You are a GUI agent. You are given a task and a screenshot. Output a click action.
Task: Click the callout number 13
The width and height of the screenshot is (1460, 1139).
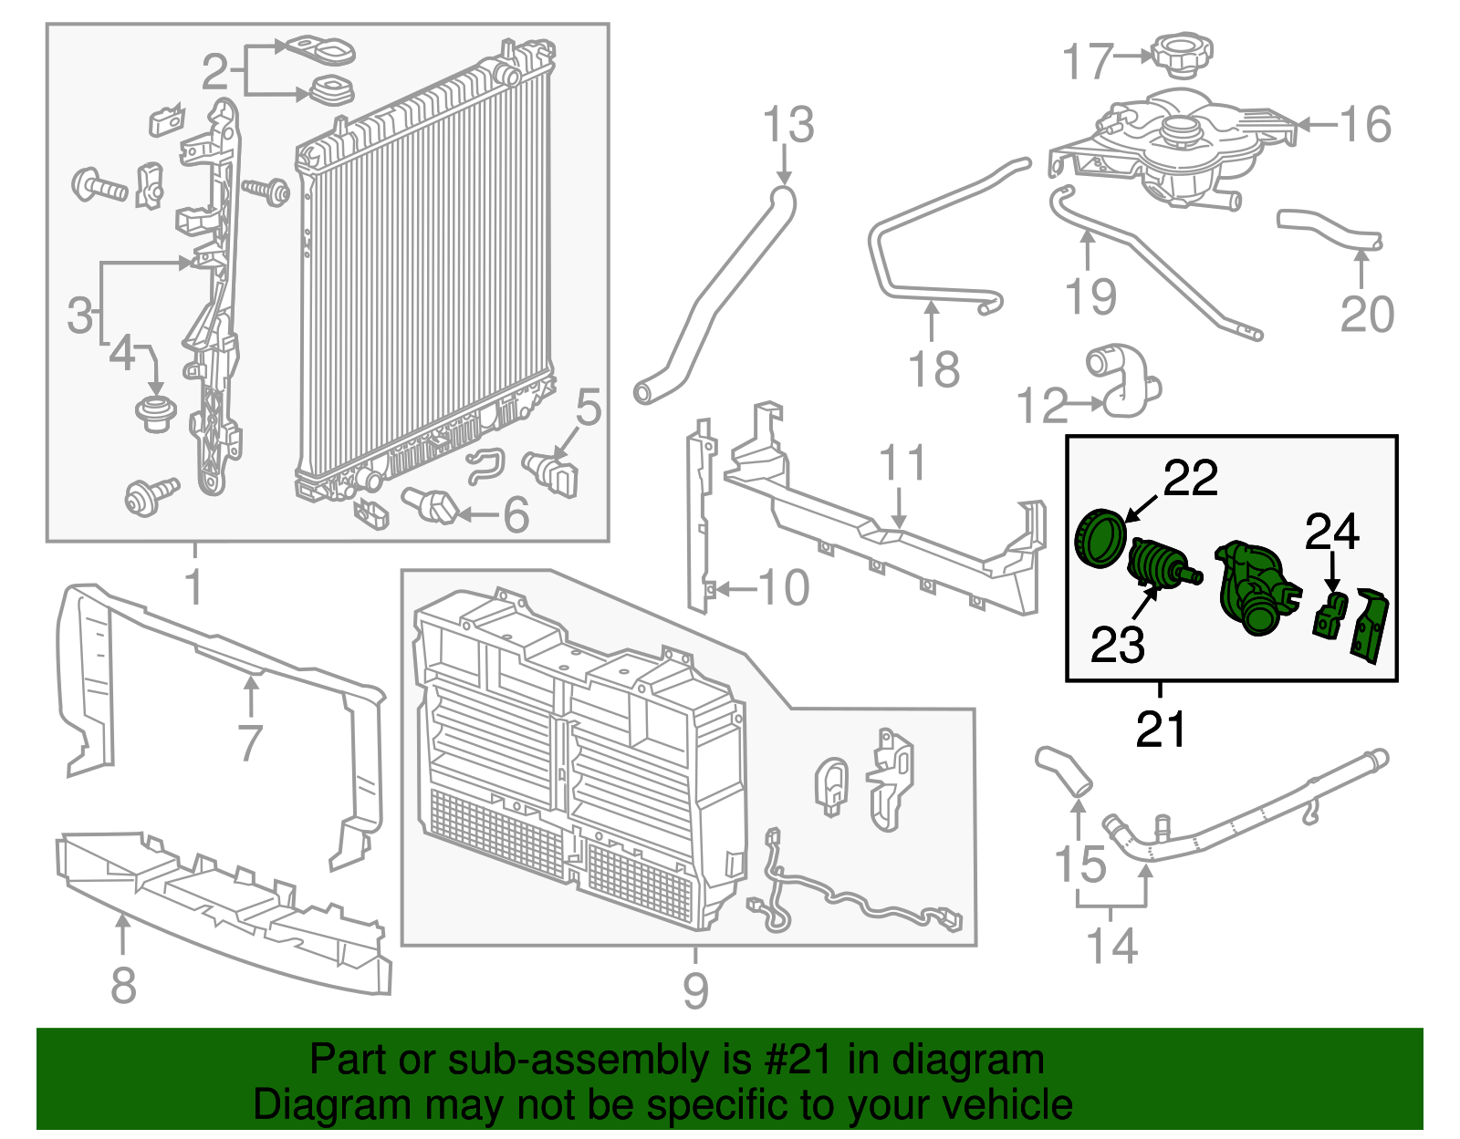coord(787,125)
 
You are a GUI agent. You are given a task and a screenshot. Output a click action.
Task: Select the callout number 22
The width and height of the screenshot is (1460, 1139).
coord(1190,478)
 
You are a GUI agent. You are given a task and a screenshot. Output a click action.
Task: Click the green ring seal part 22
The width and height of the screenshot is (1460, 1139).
coord(1101,539)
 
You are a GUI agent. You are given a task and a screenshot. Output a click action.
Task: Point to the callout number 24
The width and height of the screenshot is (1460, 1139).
coord(1332,532)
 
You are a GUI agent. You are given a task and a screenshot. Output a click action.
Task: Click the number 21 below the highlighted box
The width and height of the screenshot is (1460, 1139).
coord(1161,730)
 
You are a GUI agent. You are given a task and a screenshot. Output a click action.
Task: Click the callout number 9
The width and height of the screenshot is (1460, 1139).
coord(695,990)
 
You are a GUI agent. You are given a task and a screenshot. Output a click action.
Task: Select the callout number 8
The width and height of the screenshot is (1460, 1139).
coord(123,985)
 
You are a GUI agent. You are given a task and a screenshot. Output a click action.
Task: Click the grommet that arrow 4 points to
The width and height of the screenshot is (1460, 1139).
coord(156,413)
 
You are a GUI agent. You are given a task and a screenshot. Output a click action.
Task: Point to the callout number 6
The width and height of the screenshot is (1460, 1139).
coord(516,515)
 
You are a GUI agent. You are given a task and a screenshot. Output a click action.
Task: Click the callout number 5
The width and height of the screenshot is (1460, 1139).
coord(589,407)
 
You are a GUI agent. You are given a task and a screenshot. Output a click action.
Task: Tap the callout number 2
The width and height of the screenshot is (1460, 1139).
coord(214,71)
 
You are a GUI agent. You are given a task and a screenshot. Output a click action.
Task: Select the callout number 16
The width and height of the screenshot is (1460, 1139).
coord(1365,125)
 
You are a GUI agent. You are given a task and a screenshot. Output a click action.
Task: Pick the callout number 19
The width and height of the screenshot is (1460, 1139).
coord(1090,296)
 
